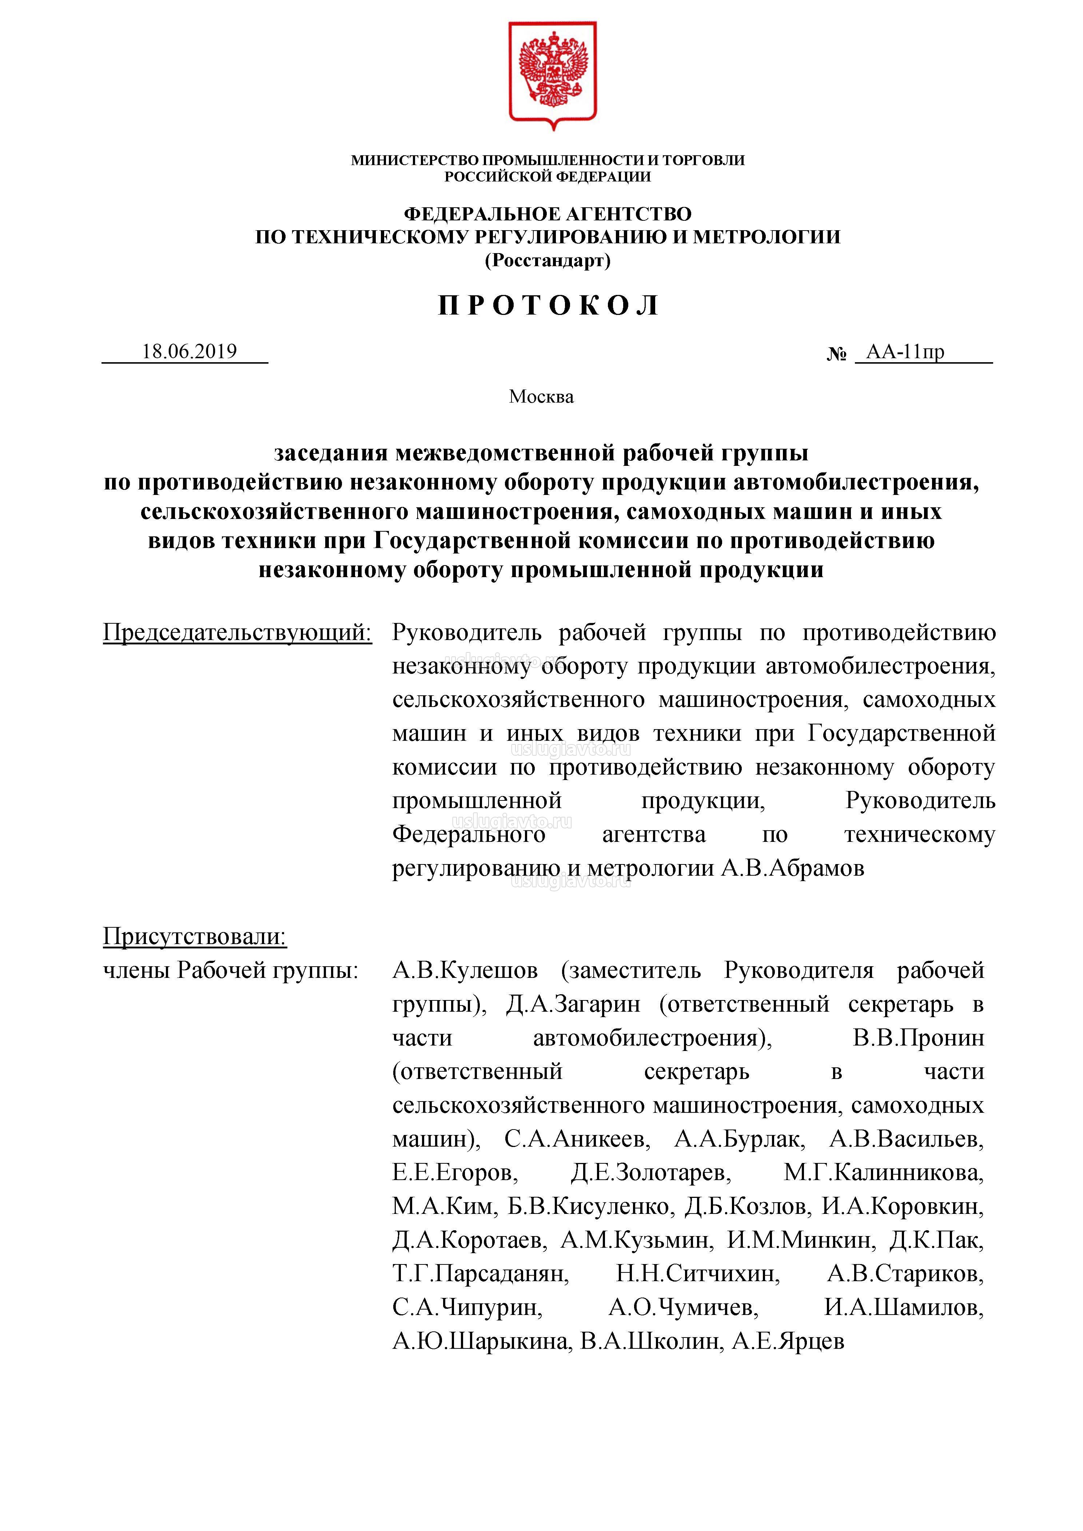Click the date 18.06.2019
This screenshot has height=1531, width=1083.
click(x=190, y=351)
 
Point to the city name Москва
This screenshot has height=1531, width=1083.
click(x=541, y=397)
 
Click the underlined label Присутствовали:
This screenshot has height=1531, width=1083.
click(x=195, y=937)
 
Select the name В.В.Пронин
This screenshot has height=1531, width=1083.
click(x=918, y=1038)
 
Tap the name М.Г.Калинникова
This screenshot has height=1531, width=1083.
click(x=883, y=1172)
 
